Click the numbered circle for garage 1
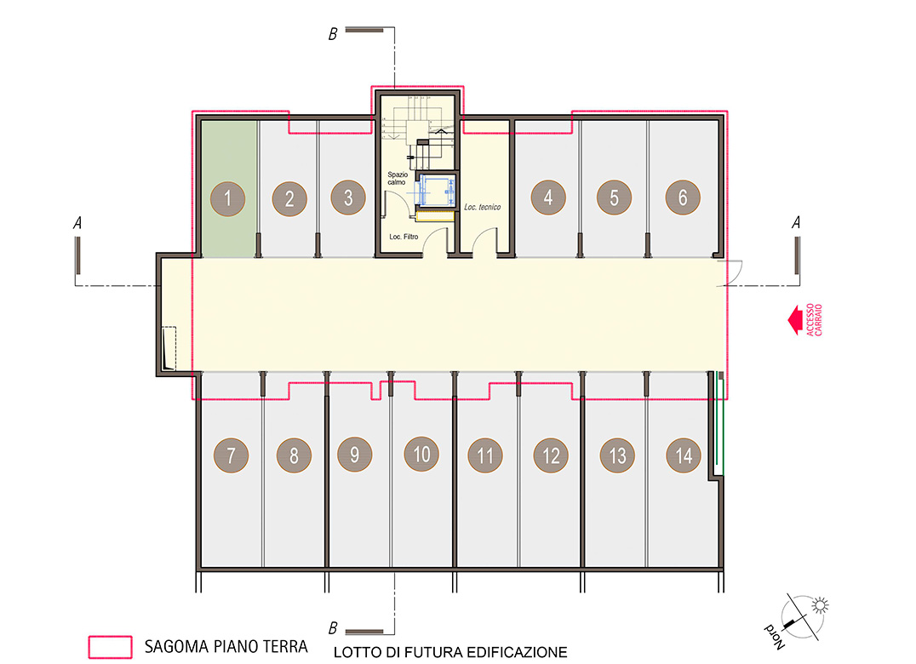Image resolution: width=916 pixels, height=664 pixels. (x=228, y=198)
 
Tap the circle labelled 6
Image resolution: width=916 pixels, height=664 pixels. (x=683, y=197)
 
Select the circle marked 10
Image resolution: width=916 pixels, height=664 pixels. (x=421, y=455)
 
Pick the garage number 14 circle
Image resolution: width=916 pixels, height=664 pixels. (x=684, y=455)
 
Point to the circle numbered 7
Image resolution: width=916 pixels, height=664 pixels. (x=231, y=455)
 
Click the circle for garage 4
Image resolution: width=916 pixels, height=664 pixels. (x=548, y=197)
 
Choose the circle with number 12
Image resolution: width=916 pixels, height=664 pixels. (x=551, y=455)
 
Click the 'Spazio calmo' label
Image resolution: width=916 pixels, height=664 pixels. (x=398, y=178)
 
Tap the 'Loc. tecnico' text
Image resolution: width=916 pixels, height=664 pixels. (x=482, y=207)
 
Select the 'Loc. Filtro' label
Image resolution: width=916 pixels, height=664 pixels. (x=404, y=237)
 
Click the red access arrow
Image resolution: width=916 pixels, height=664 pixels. (x=794, y=320)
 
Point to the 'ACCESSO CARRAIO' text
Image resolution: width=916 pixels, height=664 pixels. (x=814, y=319)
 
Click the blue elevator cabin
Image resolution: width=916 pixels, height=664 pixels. (x=436, y=191)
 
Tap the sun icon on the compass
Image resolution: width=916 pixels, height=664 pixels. (x=820, y=605)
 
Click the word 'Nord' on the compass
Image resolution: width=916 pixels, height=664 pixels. (x=775, y=637)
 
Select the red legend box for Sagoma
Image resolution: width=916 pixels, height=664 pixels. (x=110, y=647)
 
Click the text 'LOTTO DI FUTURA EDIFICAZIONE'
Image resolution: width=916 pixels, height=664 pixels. (x=450, y=652)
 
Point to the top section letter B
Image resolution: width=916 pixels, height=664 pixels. (x=332, y=34)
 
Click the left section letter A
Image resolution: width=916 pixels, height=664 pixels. (x=77, y=222)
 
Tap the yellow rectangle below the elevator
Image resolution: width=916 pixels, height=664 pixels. (x=435, y=216)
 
